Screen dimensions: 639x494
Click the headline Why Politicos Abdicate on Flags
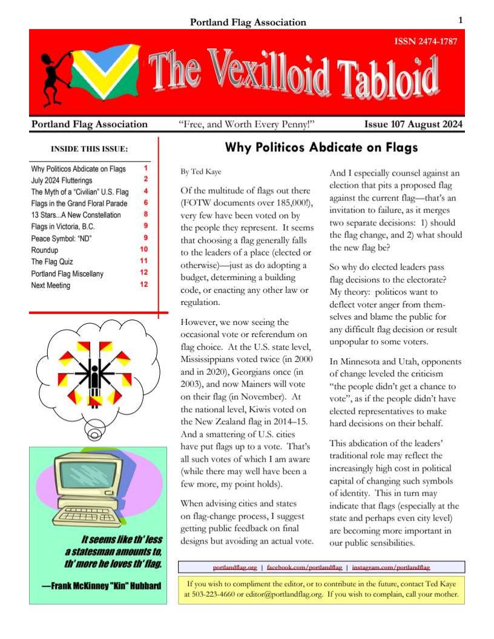coord(321,147)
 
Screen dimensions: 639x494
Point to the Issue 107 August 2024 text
coord(413,125)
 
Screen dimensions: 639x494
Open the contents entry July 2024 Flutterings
coord(62,180)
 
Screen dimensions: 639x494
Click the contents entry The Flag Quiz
coord(53,262)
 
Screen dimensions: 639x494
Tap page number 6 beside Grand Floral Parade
coord(146,202)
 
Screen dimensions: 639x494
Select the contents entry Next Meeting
coord(51,286)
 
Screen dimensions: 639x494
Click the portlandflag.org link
coord(235,568)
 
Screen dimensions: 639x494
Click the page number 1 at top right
coord(461,21)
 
